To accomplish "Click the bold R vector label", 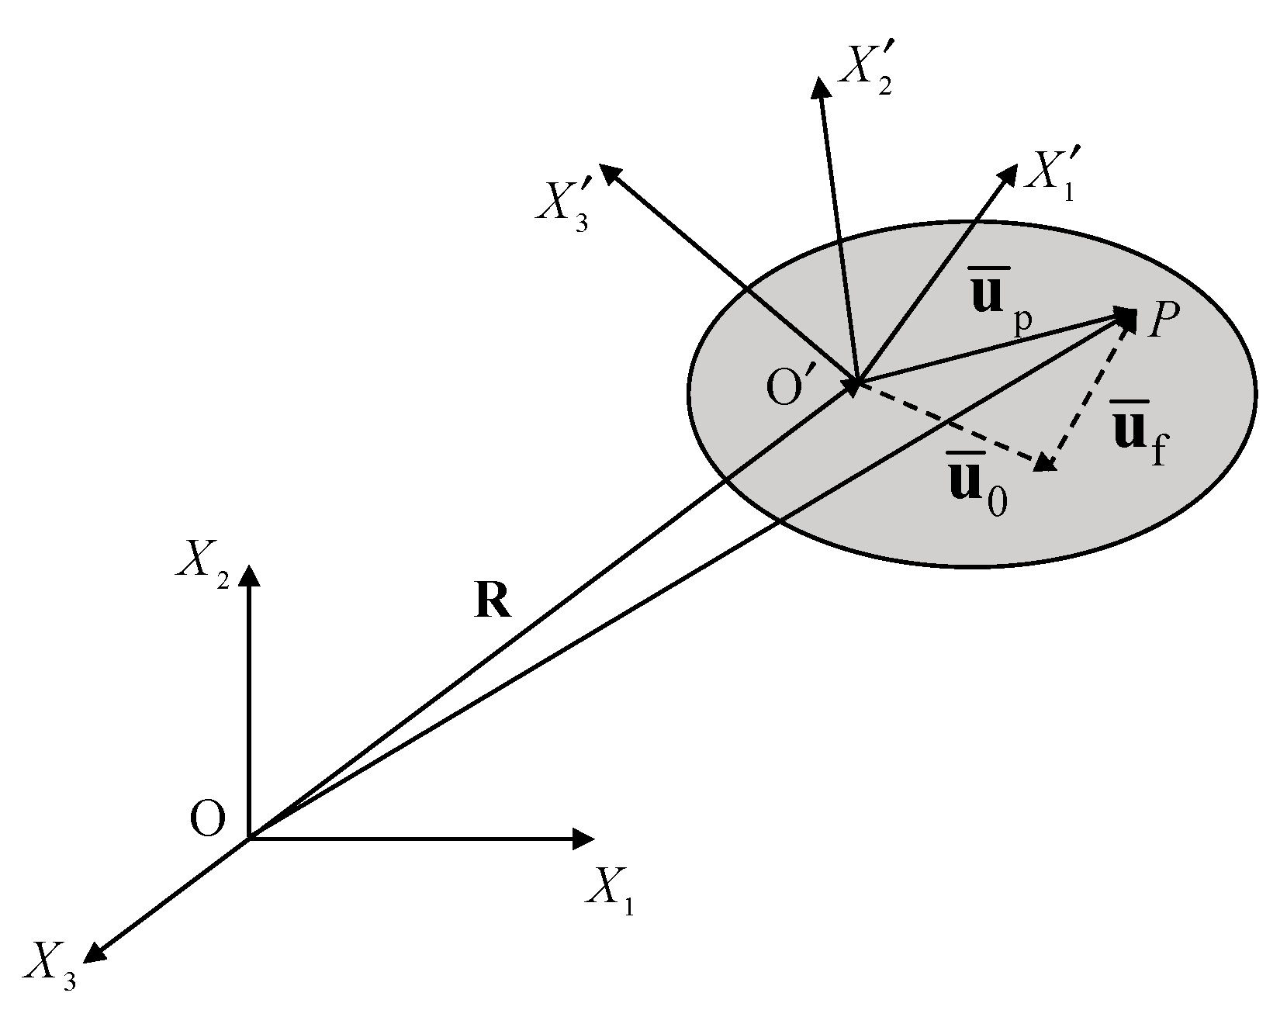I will (493, 601).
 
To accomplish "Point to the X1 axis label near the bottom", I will (611, 891).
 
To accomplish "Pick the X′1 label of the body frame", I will (1050, 175).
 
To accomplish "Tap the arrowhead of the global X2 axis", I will (249, 573).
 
